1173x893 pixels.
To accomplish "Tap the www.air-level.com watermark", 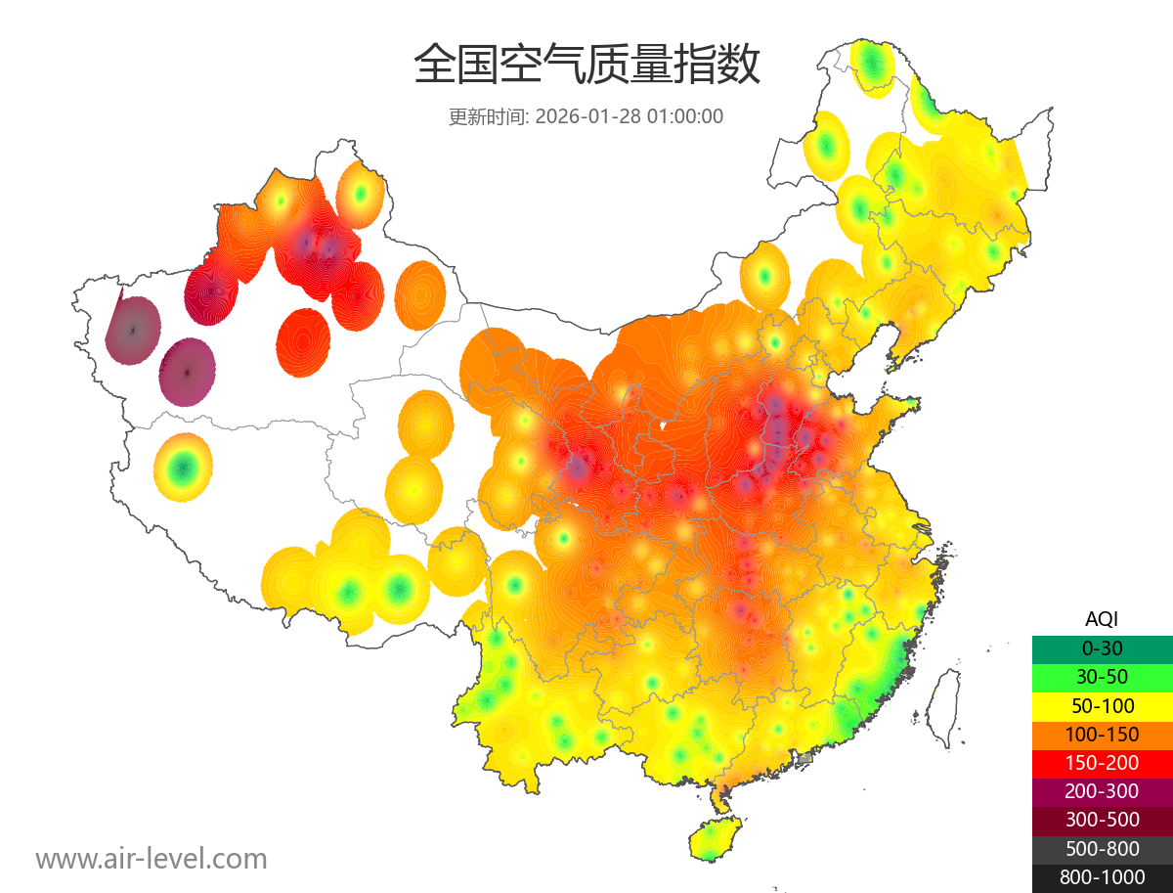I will [152, 859].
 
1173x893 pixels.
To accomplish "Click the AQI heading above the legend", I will [1102, 618].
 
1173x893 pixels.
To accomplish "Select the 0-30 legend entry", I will [1102, 647].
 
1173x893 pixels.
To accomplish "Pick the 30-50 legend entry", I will [1102, 676].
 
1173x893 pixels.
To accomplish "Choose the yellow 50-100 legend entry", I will [1102, 705].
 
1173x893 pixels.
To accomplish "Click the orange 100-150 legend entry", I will [1102, 734].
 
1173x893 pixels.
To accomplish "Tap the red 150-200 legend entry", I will [1102, 762].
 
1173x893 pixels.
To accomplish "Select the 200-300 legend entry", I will [1102, 791].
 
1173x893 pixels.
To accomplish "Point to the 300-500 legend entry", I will [1102, 820].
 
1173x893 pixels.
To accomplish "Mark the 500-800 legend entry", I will [1102, 849].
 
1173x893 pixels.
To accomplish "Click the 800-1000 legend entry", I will [1102, 877].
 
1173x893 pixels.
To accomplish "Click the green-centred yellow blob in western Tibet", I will [182, 468].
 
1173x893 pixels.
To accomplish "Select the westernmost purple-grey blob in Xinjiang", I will [132, 330].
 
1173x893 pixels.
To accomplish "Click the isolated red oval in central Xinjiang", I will [303, 342].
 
